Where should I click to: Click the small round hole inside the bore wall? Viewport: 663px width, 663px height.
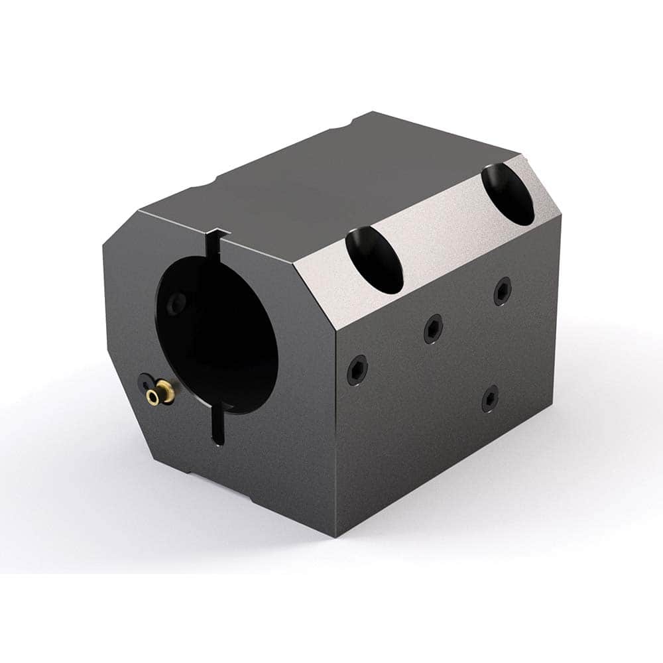(175, 304)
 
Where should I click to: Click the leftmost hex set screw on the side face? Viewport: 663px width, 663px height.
(357, 369)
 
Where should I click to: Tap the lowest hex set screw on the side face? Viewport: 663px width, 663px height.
(490, 397)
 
